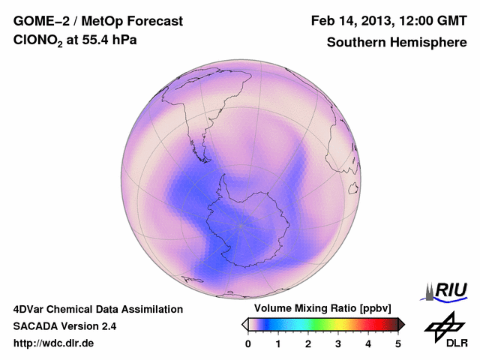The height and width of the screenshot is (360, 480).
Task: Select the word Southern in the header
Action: (355, 43)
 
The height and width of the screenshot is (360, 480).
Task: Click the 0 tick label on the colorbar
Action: (248, 343)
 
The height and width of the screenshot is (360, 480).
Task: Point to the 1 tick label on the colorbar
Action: (278, 343)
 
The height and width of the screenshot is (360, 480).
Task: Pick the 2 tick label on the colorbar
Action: (308, 343)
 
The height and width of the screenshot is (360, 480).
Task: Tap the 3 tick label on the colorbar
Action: (338, 343)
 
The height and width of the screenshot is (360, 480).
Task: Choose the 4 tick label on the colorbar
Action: (368, 343)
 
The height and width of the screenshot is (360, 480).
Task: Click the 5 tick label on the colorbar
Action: (398, 343)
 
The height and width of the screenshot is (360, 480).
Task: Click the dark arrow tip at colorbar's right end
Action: (401, 324)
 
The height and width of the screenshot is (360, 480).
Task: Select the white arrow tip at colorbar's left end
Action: (244, 324)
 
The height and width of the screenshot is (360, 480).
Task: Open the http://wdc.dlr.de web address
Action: (54, 343)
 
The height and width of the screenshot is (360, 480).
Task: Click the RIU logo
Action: (447, 290)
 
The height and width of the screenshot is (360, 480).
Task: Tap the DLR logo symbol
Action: (442, 328)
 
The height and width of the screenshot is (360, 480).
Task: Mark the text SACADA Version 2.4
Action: (64, 326)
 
